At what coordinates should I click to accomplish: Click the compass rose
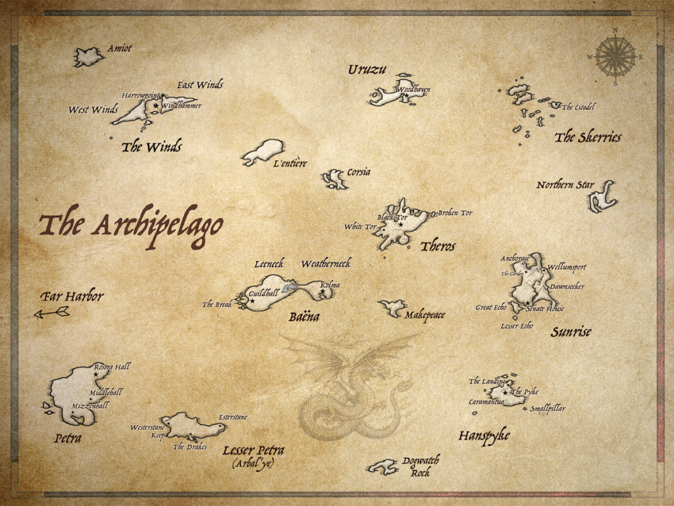coord(615,57)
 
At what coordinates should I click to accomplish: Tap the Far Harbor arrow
coord(52,313)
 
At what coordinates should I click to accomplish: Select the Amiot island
coord(88,57)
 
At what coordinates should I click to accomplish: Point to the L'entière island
coord(264,151)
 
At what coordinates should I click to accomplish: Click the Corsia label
coord(359,172)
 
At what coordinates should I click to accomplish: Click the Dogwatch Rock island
coord(383,467)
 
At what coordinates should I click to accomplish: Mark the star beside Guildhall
coord(252,301)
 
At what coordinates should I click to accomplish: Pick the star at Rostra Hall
coord(95,374)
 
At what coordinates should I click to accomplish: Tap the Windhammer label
coord(181,105)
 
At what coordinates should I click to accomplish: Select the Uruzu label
coord(367,69)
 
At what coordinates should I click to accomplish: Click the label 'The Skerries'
coord(588,138)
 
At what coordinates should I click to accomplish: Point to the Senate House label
coord(545,309)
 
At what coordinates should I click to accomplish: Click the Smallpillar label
coord(548,409)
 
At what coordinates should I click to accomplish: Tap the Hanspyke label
coord(484,436)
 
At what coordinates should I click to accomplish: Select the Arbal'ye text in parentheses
coord(253,464)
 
